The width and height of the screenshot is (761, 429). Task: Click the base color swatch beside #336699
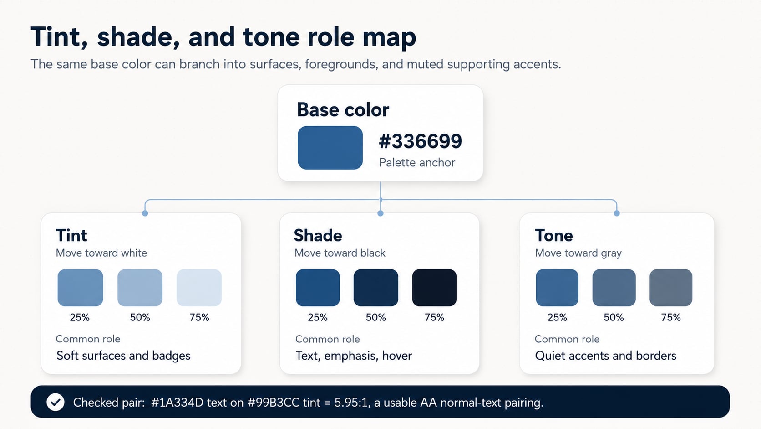pos(330,148)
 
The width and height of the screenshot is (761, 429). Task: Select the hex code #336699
pos(420,141)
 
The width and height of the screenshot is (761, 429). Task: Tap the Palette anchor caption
pos(417,163)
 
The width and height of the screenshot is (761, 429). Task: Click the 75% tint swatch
pos(199,288)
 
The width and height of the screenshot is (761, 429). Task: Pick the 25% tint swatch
pos(80,288)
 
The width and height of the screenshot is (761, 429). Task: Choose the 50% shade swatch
pos(376,288)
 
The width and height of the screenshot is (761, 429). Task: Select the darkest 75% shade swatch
pos(434,288)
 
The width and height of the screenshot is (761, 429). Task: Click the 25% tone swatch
pos(557,288)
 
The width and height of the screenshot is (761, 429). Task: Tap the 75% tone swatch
pos(670,288)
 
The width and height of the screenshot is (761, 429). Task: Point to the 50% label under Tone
pos(614,317)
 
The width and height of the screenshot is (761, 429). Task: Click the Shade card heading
pos(318,235)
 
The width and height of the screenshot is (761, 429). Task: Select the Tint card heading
pos(71,235)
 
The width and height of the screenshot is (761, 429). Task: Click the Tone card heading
pos(554,235)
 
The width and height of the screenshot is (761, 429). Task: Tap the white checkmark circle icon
pos(56,402)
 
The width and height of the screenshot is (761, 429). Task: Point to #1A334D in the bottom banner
pos(177,403)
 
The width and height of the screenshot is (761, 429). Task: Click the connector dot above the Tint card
pos(145,213)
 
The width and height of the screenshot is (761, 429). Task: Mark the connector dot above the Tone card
pos(617,213)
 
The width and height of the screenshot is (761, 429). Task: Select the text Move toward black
pos(340,253)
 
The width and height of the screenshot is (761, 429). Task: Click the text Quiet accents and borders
pos(605,356)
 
